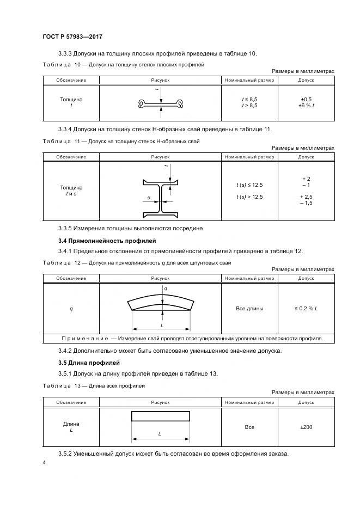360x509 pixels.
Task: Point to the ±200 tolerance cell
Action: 306,427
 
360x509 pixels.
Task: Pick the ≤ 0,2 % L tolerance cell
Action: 306,309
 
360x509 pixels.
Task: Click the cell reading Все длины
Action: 249,309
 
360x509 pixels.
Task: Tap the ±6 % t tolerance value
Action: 306,106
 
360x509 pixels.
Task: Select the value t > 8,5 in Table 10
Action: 249,106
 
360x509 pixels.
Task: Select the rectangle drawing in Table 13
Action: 161,416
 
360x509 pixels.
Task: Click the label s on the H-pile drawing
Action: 148,198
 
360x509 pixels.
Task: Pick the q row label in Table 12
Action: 71,309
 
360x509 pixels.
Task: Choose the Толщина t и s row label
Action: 71,191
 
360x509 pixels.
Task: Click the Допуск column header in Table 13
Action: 306,402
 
